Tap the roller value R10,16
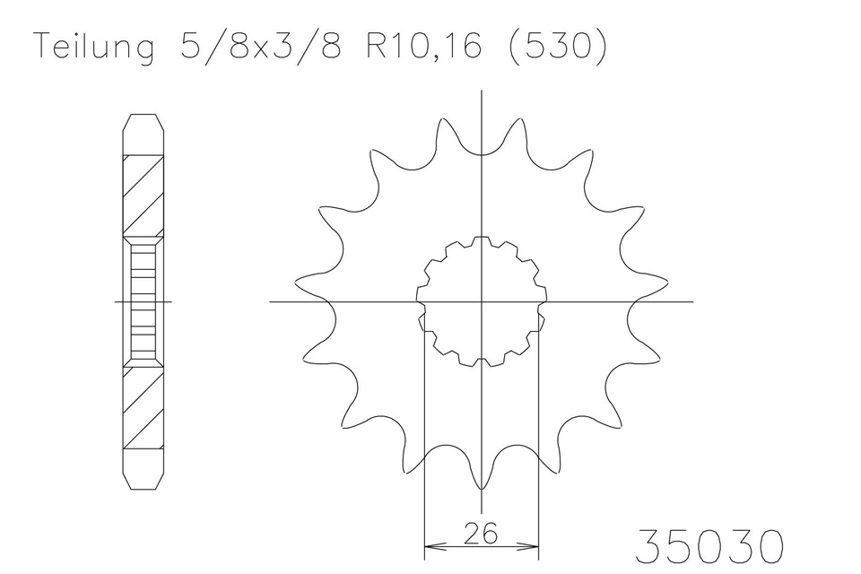tap(424, 48)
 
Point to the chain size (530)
tap(557, 48)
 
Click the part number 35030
tap(709, 546)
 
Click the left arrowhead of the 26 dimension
tap(430, 544)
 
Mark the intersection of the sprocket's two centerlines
tap(482, 301)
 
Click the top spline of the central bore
tap(482, 240)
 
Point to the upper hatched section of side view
tap(143, 193)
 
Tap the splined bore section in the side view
tap(143, 301)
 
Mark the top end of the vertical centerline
tap(482, 91)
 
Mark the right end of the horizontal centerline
tap(692, 301)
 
